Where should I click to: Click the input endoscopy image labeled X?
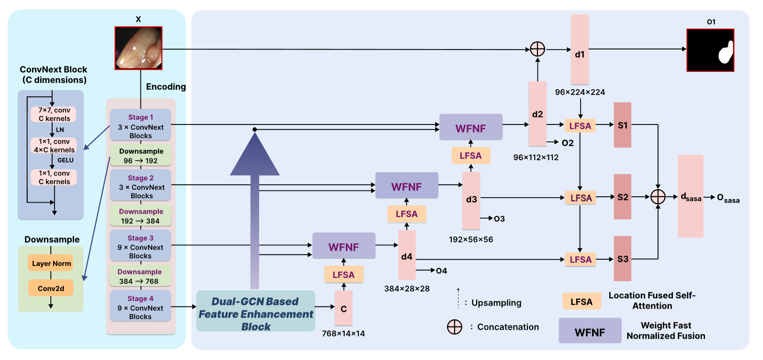(138, 48)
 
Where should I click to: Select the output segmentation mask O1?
(710, 50)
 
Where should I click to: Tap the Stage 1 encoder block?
(140, 126)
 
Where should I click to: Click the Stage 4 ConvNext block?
(140, 307)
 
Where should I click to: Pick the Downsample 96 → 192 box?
(140, 156)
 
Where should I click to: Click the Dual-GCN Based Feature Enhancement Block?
(256, 314)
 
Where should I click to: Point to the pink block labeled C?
(343, 308)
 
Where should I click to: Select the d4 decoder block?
(407, 256)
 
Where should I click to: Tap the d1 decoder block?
(580, 50)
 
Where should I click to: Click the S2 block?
(623, 197)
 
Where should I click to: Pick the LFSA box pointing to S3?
(580, 260)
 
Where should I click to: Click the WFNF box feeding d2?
(470, 128)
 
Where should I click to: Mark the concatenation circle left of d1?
(537, 49)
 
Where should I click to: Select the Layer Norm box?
(51, 263)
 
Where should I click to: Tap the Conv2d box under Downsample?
(51, 288)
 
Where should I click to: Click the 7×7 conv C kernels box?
(54, 114)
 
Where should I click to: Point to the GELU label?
(65, 160)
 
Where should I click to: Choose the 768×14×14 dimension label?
(343, 334)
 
